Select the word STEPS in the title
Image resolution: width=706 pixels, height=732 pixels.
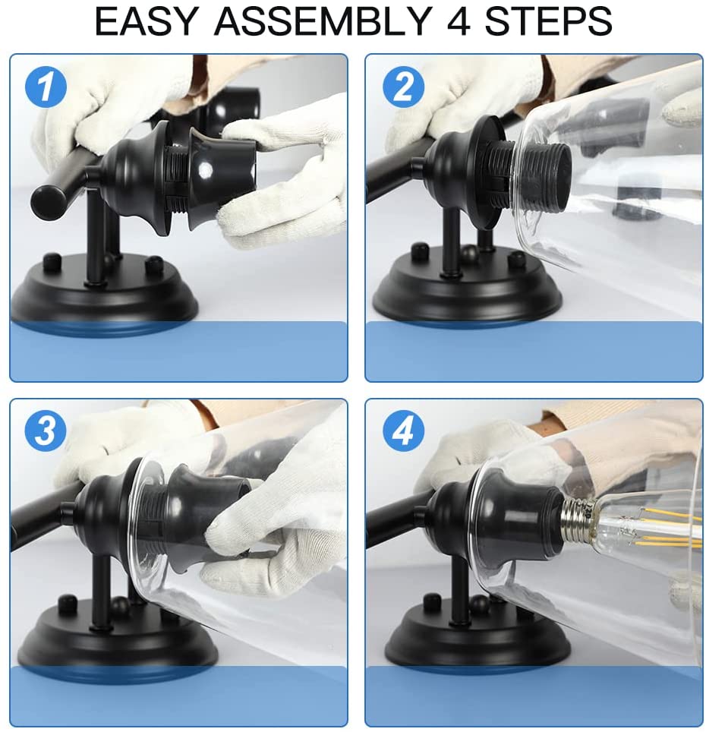[x=548, y=21]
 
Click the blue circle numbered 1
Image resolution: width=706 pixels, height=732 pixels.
[x=46, y=87]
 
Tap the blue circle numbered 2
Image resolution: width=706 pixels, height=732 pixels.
[x=403, y=87]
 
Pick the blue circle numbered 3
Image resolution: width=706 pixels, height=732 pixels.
[x=46, y=431]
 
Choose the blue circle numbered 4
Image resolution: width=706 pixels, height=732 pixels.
[x=403, y=431]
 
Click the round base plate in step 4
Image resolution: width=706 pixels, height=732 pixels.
[x=477, y=639]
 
